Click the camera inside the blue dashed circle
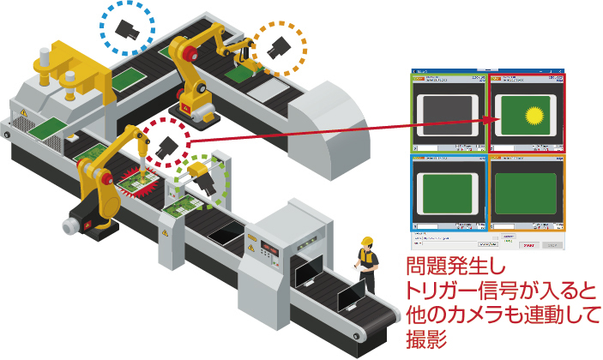(x=128, y=28)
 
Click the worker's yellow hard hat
(x=367, y=242)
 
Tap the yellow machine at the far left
(x=55, y=69)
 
